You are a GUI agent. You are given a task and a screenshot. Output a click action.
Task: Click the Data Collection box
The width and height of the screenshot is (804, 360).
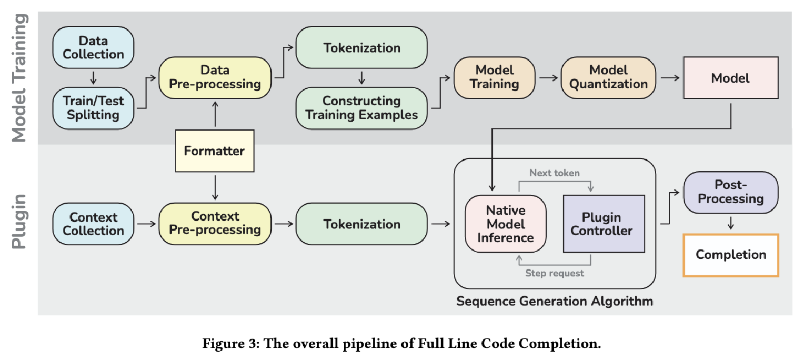tap(93, 47)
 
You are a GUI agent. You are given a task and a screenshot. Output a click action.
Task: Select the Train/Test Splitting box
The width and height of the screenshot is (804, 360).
tap(93, 108)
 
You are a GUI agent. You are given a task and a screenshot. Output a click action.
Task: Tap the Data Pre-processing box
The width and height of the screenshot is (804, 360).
tap(215, 77)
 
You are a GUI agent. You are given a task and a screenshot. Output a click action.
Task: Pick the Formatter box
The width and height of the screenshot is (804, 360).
tap(215, 151)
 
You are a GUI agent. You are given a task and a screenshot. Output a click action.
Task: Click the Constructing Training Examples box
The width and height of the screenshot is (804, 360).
tap(361, 108)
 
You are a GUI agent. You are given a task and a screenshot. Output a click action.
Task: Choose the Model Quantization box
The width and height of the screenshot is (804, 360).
tap(608, 77)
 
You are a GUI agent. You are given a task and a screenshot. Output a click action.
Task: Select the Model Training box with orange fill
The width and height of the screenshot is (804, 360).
tap(494, 77)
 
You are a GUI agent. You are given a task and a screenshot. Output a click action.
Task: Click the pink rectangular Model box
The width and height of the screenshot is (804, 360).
tap(731, 78)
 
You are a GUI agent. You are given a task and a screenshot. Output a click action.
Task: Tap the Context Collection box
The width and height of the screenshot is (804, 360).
tap(93, 224)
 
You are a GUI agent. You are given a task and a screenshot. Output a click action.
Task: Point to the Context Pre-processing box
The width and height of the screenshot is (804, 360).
tap(215, 224)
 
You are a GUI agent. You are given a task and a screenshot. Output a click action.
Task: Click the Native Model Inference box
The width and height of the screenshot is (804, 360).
tap(505, 224)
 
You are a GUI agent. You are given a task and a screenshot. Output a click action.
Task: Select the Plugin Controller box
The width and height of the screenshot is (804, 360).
tap(604, 224)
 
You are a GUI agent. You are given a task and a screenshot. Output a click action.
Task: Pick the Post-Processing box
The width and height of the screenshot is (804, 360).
tap(731, 192)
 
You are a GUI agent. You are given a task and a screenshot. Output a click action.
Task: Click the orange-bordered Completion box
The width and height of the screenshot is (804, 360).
tap(731, 255)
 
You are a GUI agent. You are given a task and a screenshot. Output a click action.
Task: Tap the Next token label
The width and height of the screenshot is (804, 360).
tap(555, 173)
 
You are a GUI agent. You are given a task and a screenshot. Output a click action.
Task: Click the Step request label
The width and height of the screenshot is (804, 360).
tap(555, 273)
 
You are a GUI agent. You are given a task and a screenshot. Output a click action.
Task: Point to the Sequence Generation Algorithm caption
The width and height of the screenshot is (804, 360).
tap(555, 301)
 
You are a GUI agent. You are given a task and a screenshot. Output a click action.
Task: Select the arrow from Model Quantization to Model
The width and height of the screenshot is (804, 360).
tap(670, 78)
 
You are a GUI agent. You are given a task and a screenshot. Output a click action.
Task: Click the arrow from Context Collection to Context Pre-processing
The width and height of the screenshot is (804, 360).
tap(147, 224)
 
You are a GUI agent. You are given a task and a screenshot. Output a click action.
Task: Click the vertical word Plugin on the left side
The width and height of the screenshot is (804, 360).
tap(18, 222)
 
